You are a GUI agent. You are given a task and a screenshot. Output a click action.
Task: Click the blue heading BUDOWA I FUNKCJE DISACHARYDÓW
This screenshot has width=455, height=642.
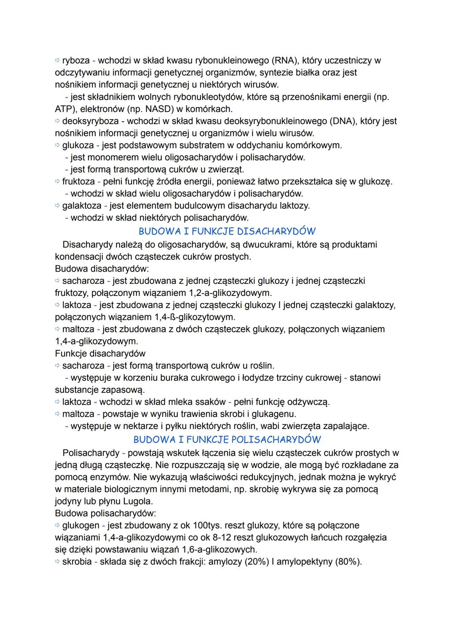coord(227,231)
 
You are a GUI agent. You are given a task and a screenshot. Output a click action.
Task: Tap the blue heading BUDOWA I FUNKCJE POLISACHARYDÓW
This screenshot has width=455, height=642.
coord(227,440)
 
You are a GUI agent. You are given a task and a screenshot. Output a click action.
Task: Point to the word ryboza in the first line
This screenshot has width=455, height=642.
coord(76,60)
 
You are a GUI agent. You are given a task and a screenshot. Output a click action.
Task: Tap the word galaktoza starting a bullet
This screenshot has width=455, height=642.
coord(82,206)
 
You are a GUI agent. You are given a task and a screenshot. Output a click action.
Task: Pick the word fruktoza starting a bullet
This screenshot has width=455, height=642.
coord(79,182)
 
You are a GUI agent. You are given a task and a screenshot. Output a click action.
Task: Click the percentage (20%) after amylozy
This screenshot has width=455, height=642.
coord(257,562)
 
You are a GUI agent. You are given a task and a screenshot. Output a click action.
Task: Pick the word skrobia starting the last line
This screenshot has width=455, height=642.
coord(77,562)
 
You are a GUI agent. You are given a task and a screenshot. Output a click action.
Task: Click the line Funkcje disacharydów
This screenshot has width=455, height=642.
coord(100,353)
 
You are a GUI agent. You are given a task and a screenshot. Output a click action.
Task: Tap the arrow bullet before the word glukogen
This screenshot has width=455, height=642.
coord(58,525)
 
